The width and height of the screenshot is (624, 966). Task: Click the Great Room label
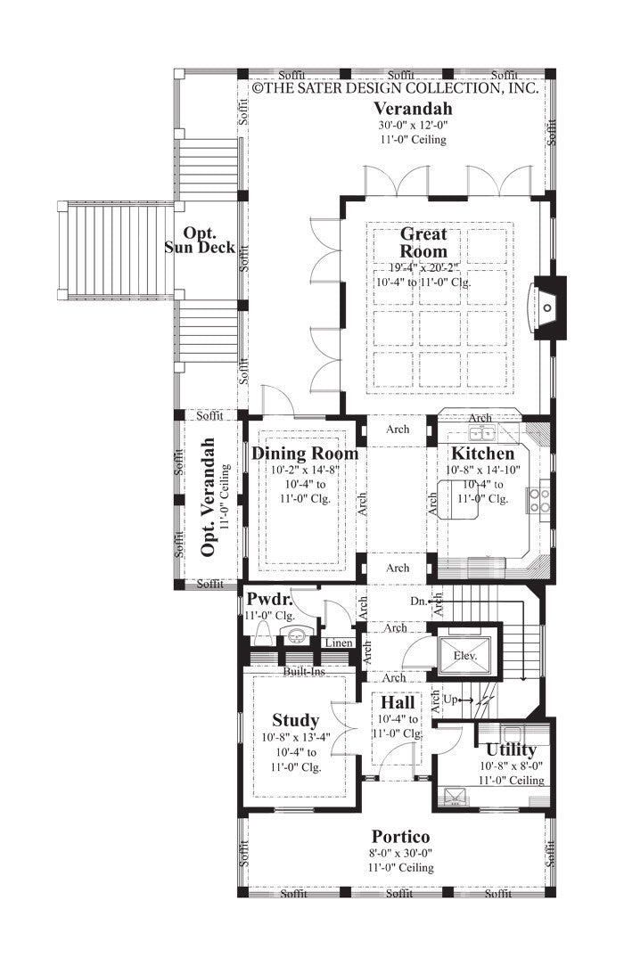click(x=423, y=242)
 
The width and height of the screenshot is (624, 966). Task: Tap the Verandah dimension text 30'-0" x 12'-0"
click(x=412, y=126)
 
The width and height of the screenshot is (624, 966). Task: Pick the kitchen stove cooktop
click(x=540, y=500)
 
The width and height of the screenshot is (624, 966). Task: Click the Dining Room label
click(x=305, y=454)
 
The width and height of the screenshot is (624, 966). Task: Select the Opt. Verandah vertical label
click(x=209, y=496)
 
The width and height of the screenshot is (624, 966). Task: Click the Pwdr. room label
click(x=265, y=599)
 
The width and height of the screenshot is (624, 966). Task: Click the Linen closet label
click(x=338, y=643)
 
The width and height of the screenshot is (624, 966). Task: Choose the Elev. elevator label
click(x=465, y=655)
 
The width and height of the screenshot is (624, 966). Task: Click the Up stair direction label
click(x=450, y=700)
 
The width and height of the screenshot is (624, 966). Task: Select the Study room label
click(x=295, y=720)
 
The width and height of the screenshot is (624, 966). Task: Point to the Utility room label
click(x=511, y=749)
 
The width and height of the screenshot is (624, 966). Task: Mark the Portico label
click(x=400, y=837)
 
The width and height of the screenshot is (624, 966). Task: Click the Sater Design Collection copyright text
click(x=395, y=89)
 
